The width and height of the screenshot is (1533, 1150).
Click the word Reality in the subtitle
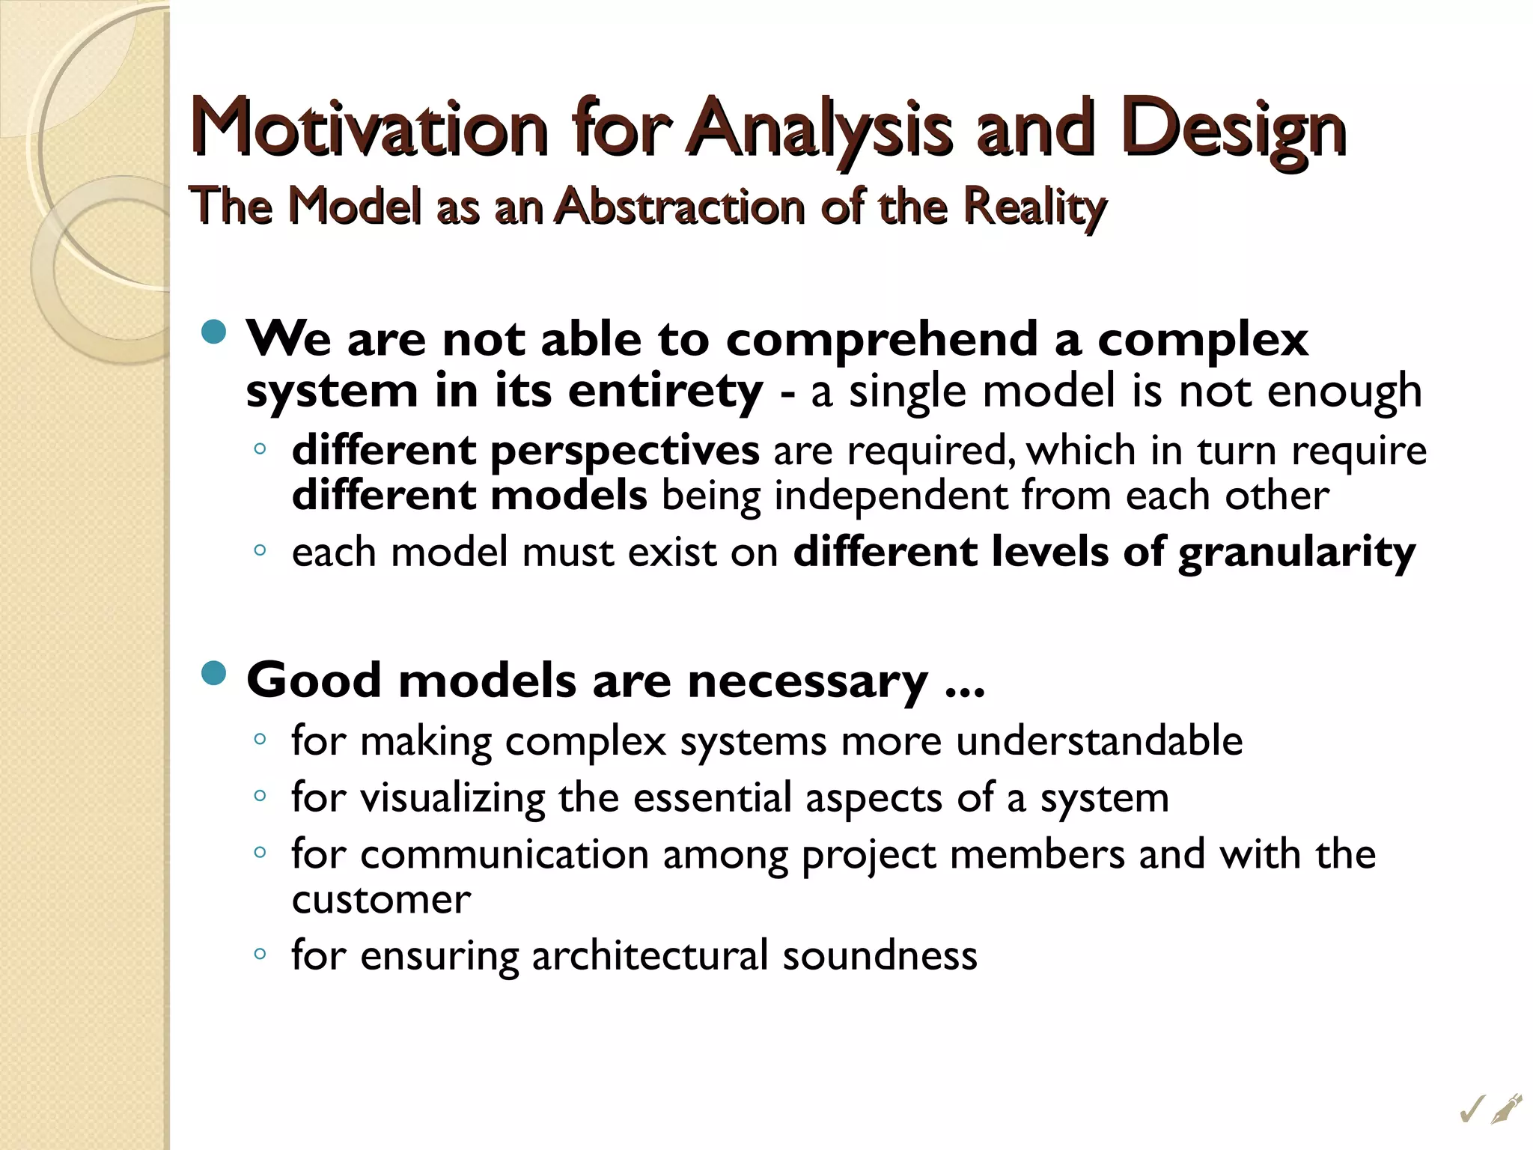1034,207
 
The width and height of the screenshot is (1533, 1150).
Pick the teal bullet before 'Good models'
214,673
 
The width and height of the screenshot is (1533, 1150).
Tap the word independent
890,496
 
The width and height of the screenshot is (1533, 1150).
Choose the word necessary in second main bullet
807,681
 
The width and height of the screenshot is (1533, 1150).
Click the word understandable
1099,741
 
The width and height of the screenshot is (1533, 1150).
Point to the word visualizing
452,798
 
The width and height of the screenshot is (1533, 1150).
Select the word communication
504,855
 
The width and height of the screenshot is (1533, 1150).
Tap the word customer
381,899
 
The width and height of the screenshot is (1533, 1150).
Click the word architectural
650,956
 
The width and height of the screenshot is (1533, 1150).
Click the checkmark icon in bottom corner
1472,1110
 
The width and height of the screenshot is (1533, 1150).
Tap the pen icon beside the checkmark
1506,1108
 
